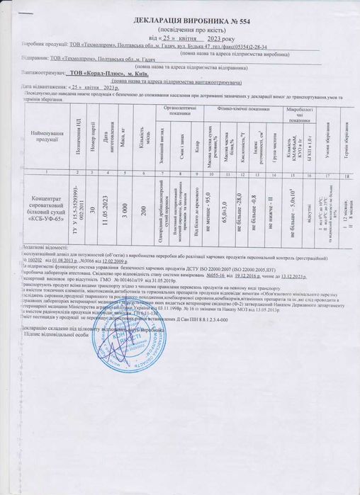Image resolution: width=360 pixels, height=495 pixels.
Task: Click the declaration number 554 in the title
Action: [237, 22]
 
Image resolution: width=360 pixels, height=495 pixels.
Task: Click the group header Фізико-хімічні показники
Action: [244, 109]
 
